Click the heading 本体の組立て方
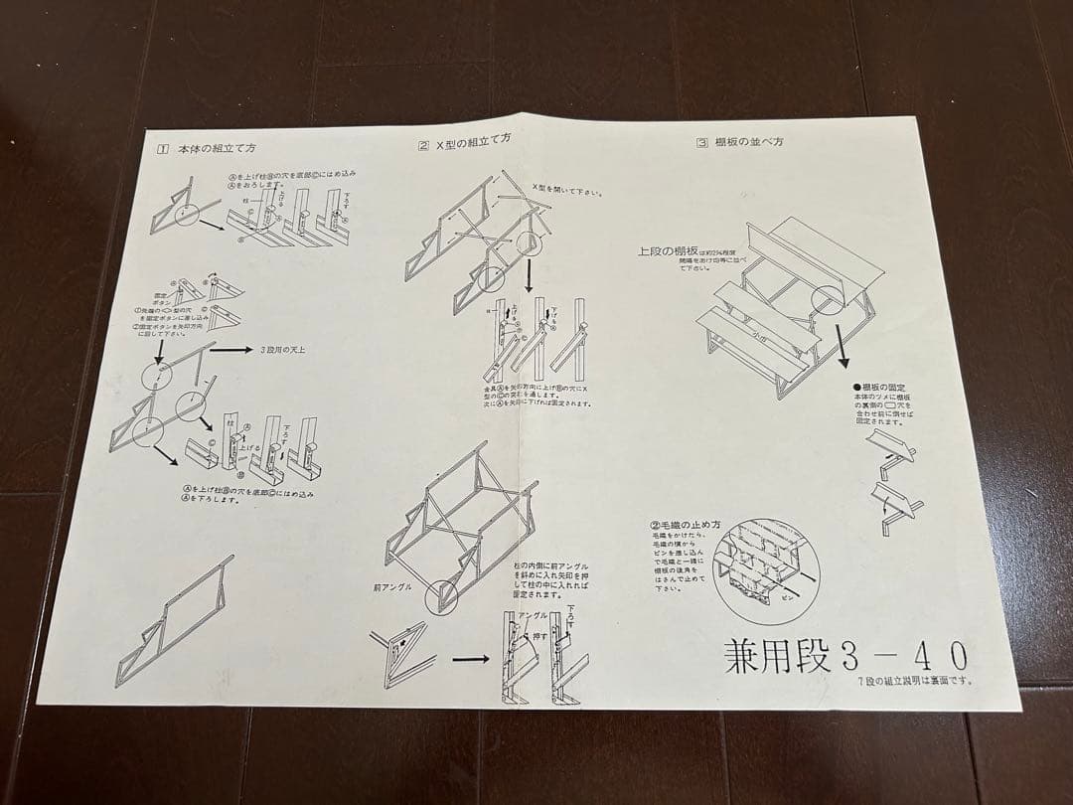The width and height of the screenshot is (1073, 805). [217, 148]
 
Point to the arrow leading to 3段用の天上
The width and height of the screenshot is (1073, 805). [232, 351]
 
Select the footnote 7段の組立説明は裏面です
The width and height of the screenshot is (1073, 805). [914, 681]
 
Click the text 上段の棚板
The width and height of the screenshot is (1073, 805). [672, 251]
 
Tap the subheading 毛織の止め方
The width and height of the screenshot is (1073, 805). [685, 526]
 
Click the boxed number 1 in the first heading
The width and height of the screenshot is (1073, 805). [163, 149]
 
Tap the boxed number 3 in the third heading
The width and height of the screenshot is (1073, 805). [702, 143]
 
